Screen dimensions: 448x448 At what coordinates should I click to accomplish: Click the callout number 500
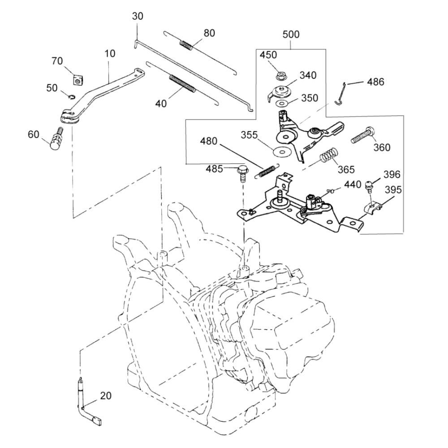point(291,34)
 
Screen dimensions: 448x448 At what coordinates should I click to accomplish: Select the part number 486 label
point(375,82)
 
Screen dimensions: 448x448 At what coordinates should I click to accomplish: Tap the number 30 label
point(138,16)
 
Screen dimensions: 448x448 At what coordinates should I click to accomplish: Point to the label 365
point(346,169)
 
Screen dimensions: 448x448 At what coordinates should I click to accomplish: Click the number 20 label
point(106,396)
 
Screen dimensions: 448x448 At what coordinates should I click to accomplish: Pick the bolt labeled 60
point(56,140)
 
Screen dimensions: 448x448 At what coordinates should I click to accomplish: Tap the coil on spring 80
point(186,44)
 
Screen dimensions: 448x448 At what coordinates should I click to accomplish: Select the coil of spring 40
point(182,83)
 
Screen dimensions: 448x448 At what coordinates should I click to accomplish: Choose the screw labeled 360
point(362,135)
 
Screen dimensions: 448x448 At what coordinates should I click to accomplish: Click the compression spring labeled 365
point(329,157)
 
